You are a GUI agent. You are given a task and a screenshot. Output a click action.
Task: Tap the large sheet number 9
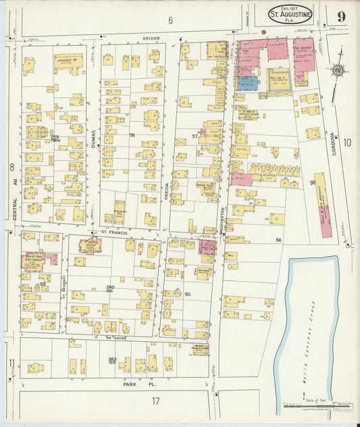tap(342, 16)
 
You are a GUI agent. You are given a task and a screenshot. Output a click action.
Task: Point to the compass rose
tap(337, 70)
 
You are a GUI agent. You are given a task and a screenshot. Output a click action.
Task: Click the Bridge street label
tap(151, 39)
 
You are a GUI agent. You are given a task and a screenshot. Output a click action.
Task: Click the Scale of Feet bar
tap(318, 407)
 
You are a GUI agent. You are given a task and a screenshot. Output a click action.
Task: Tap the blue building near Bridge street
tap(247, 83)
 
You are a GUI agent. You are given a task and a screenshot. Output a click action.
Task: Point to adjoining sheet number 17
tap(155, 401)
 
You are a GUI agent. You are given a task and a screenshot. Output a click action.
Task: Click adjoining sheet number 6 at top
tap(170, 20)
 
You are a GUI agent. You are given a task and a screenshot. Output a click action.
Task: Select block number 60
tap(188, 294)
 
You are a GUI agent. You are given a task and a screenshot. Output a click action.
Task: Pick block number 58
tap(132, 135)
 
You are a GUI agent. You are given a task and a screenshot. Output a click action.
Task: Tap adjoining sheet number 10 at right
tap(347, 142)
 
